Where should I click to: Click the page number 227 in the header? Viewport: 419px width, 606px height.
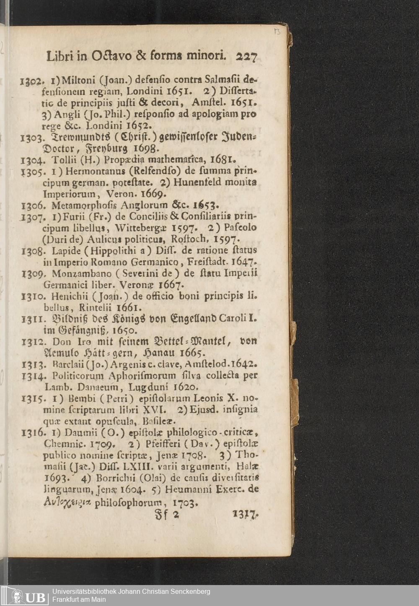point(246,56)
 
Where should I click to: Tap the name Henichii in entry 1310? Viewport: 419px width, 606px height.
point(69,296)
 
